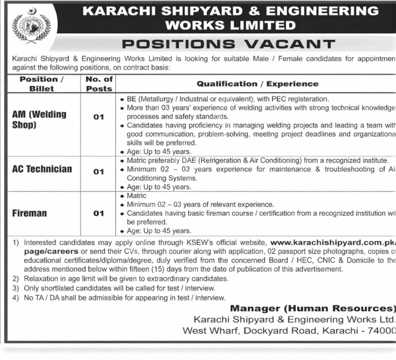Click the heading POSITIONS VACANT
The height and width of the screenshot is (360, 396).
[228, 44]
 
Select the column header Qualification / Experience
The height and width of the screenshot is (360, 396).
[258, 84]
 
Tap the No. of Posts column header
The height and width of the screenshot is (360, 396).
[99, 84]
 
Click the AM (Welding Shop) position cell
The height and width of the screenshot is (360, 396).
[39, 119]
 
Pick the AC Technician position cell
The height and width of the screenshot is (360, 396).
[42, 169]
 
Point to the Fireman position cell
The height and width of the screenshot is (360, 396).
[29, 213]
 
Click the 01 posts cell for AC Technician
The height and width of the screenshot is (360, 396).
[99, 172]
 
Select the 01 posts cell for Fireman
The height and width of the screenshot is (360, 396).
[99, 213]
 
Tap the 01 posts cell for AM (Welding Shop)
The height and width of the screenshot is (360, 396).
[99, 117]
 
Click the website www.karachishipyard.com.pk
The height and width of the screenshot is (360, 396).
[333, 243]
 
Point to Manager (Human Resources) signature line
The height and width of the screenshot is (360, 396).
[312, 309]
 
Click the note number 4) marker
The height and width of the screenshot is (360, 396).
[15, 298]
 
